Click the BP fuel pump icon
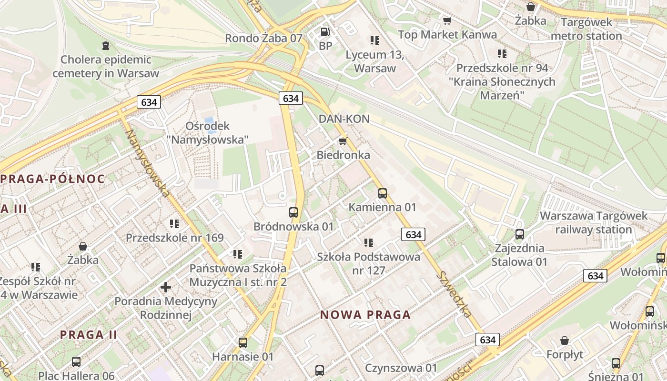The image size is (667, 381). (325, 32)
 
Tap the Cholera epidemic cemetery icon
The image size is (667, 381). (105, 46)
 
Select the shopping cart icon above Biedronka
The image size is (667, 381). (343, 141)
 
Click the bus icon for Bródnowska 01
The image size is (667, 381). (293, 212)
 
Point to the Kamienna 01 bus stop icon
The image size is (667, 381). (382, 193)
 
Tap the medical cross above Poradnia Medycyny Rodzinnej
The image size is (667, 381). (166, 287)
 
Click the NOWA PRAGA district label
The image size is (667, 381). (365, 315)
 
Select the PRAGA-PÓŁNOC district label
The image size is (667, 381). (52, 179)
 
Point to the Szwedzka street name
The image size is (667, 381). (454, 294)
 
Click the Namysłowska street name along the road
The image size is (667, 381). (147, 162)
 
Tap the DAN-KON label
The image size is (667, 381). (344, 119)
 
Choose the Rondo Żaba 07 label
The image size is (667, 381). (263, 38)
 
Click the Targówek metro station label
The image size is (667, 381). (586, 29)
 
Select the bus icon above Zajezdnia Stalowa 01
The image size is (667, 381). (519, 234)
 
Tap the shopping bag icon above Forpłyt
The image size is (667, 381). (565, 341)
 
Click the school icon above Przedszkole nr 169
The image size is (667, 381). (174, 223)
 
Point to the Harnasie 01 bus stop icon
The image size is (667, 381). (243, 342)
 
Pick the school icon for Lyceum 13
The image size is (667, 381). (374, 40)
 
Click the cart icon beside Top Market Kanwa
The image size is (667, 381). (447, 20)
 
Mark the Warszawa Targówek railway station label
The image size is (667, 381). (593, 222)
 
